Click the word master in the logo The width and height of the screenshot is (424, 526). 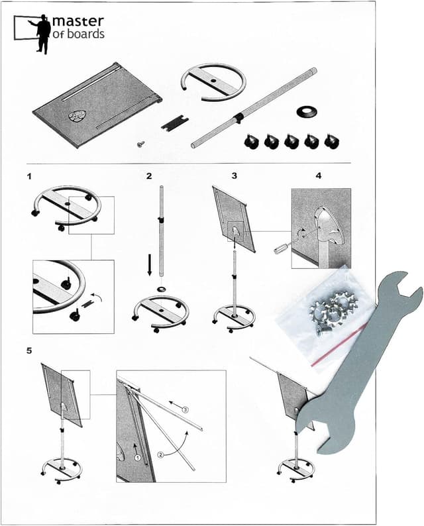(x=78, y=22)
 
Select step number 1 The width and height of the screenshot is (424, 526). (x=30, y=176)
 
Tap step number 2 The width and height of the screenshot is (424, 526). (x=149, y=176)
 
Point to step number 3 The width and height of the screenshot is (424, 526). (x=235, y=176)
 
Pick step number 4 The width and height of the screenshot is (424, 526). (x=319, y=176)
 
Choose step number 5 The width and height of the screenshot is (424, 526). (x=29, y=351)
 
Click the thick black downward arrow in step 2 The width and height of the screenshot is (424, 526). (x=149, y=264)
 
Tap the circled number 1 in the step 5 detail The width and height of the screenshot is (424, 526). (x=137, y=457)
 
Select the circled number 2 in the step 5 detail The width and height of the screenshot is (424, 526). (x=161, y=455)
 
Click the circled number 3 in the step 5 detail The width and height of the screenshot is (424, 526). (x=185, y=409)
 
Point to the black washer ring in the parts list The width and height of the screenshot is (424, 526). (x=307, y=112)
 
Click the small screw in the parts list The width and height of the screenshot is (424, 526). (x=141, y=144)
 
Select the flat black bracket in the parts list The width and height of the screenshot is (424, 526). (x=174, y=123)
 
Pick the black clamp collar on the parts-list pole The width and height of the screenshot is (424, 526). (x=238, y=118)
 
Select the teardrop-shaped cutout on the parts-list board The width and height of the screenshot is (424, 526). (x=77, y=115)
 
